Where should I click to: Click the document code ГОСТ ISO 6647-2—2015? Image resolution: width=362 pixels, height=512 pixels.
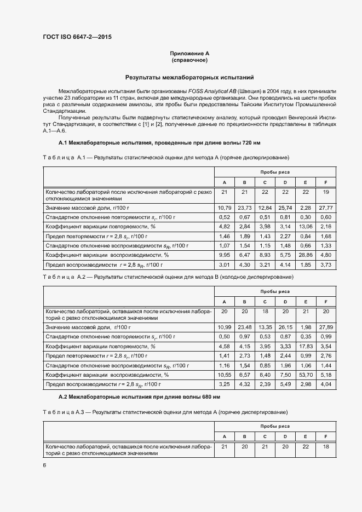point(81,37)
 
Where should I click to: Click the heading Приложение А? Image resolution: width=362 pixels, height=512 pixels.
point(189,53)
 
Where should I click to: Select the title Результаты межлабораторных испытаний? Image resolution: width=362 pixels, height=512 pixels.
point(189,77)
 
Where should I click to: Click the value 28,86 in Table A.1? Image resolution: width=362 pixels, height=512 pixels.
point(305,255)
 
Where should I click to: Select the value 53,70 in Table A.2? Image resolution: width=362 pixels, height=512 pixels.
point(305,375)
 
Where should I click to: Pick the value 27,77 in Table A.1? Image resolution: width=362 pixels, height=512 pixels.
point(325,208)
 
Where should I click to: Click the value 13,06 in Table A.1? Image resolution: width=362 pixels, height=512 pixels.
point(305,226)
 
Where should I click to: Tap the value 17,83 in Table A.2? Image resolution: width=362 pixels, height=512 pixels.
point(305,346)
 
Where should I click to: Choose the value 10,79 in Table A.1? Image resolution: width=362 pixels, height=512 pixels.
point(224,208)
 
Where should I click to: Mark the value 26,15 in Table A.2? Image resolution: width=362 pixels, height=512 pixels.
point(285,327)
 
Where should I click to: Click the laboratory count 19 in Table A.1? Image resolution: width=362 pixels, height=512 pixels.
point(325,192)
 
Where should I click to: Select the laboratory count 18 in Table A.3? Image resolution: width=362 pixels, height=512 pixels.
point(325,447)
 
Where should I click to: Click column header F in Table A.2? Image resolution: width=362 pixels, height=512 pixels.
point(325,302)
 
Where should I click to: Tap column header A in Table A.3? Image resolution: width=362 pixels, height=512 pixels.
point(224,436)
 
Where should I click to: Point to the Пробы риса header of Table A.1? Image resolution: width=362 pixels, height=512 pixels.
point(275,172)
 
